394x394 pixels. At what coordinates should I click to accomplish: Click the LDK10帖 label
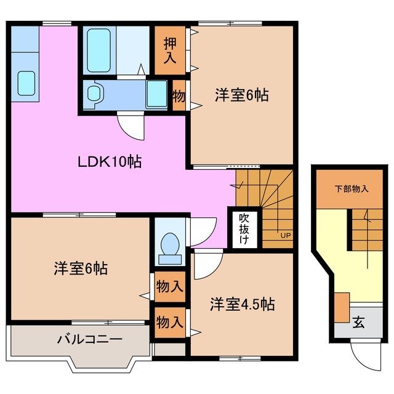(x=110, y=163)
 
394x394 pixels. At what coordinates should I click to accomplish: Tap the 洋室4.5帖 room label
(x=241, y=304)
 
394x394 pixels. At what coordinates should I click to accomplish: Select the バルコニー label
(x=90, y=339)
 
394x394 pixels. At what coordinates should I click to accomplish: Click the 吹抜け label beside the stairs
(x=244, y=229)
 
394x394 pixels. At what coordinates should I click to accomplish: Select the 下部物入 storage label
(x=351, y=189)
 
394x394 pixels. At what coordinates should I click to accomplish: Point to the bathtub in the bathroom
(x=99, y=50)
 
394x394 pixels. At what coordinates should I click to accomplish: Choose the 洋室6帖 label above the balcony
(x=81, y=268)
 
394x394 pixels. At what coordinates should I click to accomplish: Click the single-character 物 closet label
(x=179, y=96)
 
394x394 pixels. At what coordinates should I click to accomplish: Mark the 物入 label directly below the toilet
(x=169, y=286)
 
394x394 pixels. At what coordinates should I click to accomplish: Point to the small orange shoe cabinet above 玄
(x=342, y=306)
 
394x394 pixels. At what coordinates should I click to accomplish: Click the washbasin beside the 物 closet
(x=156, y=94)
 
